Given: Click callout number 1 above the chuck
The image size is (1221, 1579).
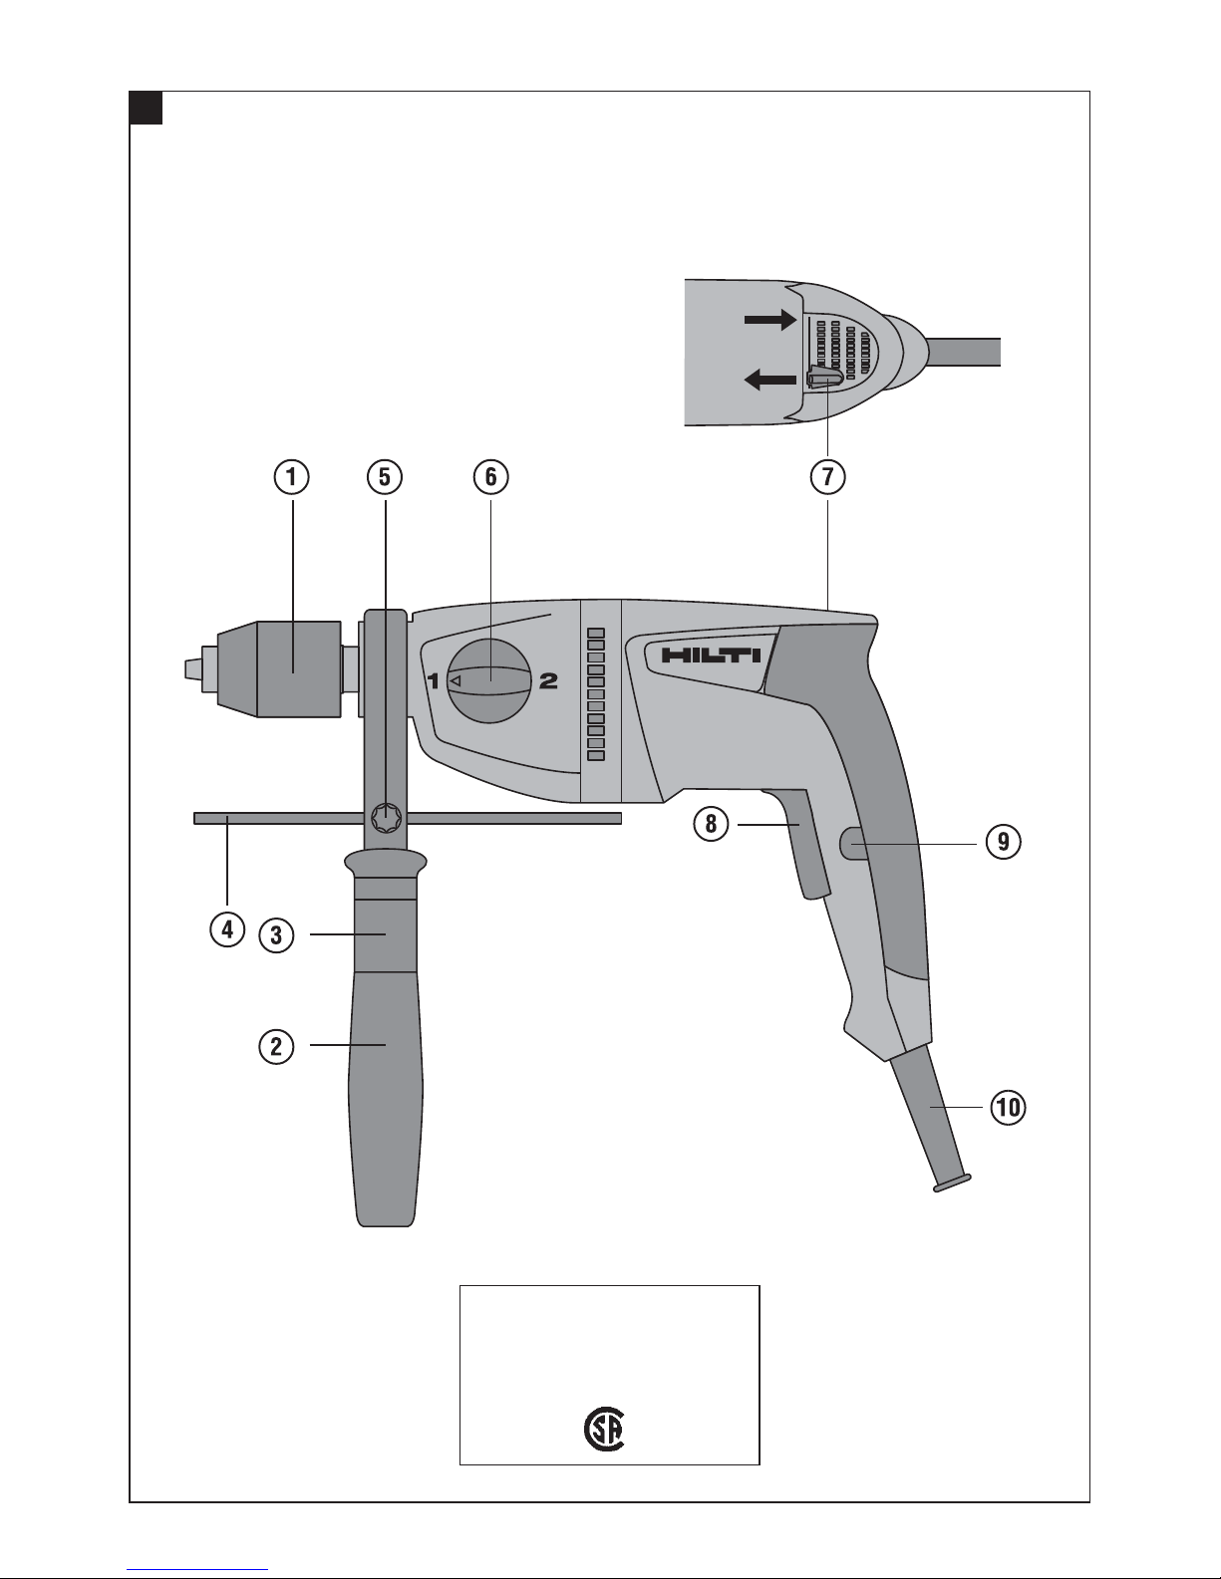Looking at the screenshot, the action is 291,477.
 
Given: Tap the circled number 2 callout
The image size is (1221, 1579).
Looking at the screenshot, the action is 276,1047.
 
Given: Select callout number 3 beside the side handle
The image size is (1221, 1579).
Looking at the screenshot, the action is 276,935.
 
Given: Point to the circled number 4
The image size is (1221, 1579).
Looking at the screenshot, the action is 227,929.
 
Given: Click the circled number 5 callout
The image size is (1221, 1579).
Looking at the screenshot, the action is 385,477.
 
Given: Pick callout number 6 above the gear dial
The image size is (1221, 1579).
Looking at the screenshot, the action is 490,477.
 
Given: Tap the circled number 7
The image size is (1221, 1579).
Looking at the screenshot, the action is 828,477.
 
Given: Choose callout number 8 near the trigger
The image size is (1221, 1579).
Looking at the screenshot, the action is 711,824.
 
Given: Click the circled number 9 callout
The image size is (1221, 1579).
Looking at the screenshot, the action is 1004,842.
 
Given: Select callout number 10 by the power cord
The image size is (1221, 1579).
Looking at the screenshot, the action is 1008,1108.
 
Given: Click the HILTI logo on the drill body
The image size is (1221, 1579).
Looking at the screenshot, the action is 711,656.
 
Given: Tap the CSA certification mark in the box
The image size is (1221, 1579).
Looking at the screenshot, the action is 605,1431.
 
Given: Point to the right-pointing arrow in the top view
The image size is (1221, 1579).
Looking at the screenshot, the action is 770,319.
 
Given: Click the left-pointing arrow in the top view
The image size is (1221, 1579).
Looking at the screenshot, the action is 770,379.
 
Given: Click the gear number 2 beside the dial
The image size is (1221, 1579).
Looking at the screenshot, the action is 548,681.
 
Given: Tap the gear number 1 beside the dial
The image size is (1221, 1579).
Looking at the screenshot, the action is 434,681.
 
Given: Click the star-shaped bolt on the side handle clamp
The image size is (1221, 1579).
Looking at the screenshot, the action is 385,818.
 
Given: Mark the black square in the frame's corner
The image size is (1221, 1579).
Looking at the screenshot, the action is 147,109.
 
